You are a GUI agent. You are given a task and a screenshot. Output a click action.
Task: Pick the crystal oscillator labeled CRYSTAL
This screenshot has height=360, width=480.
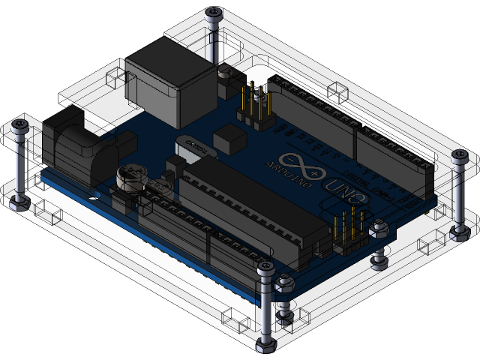coord(193,145)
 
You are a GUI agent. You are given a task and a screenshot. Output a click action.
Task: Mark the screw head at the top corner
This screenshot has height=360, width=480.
coord(215,13)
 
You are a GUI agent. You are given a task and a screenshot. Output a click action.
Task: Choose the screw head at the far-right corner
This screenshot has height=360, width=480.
coord(458,156)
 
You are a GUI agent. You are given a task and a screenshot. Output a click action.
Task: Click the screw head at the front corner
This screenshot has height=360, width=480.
coord(265,268)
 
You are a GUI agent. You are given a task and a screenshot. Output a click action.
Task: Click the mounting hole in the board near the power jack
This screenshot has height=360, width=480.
coord(94,193)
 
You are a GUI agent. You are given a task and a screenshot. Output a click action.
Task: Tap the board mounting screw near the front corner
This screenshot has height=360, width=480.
coord(284,284)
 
